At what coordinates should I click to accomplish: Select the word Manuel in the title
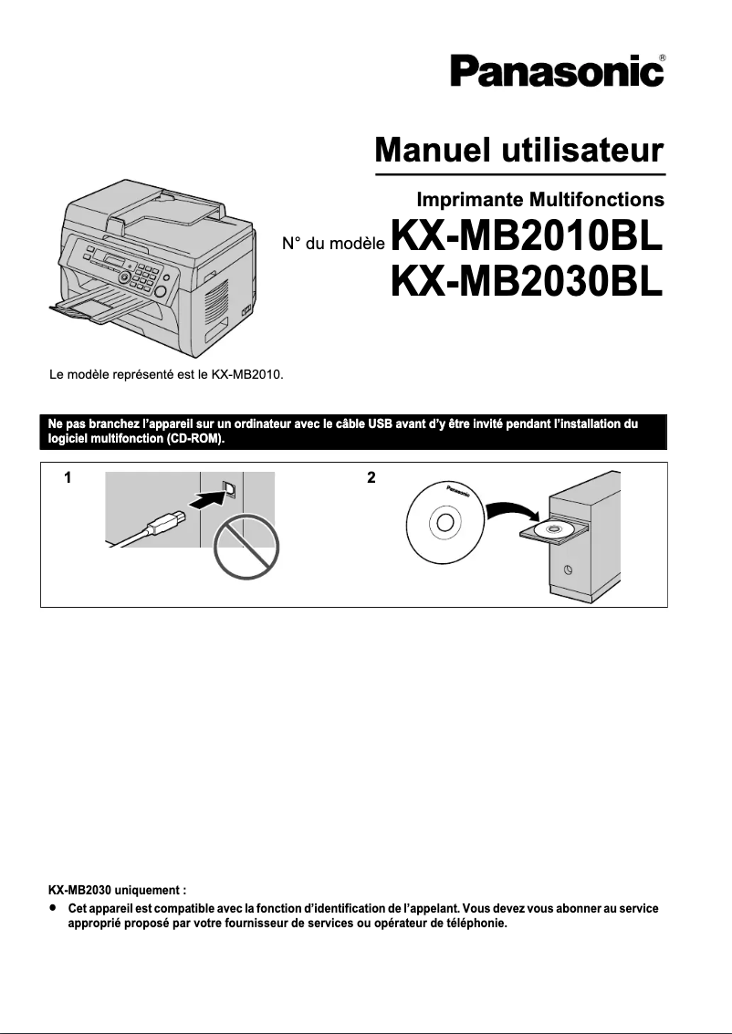pyautogui.click(x=429, y=149)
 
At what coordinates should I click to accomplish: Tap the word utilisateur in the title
pyautogui.click(x=580, y=149)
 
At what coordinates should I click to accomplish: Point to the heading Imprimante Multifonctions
pyautogui.click(x=539, y=198)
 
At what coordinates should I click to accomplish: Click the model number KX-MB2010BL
pyautogui.click(x=527, y=239)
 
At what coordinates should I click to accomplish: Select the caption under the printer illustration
pyautogui.click(x=165, y=374)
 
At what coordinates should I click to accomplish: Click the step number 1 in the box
pyautogui.click(x=67, y=478)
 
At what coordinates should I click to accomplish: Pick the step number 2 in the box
pyautogui.click(x=371, y=478)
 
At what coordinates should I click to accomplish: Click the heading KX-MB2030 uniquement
pyautogui.click(x=117, y=888)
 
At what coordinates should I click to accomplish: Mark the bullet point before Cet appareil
pyautogui.click(x=54, y=909)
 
